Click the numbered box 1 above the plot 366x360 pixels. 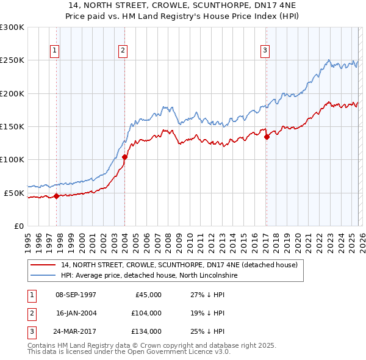tap(55, 51)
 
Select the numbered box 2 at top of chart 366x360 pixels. tap(123, 51)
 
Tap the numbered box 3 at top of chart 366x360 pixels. tap(265, 51)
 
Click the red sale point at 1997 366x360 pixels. tap(56, 196)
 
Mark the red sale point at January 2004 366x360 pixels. tap(124, 157)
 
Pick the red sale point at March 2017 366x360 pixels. tap(267, 137)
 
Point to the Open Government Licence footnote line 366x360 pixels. tap(128, 352)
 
